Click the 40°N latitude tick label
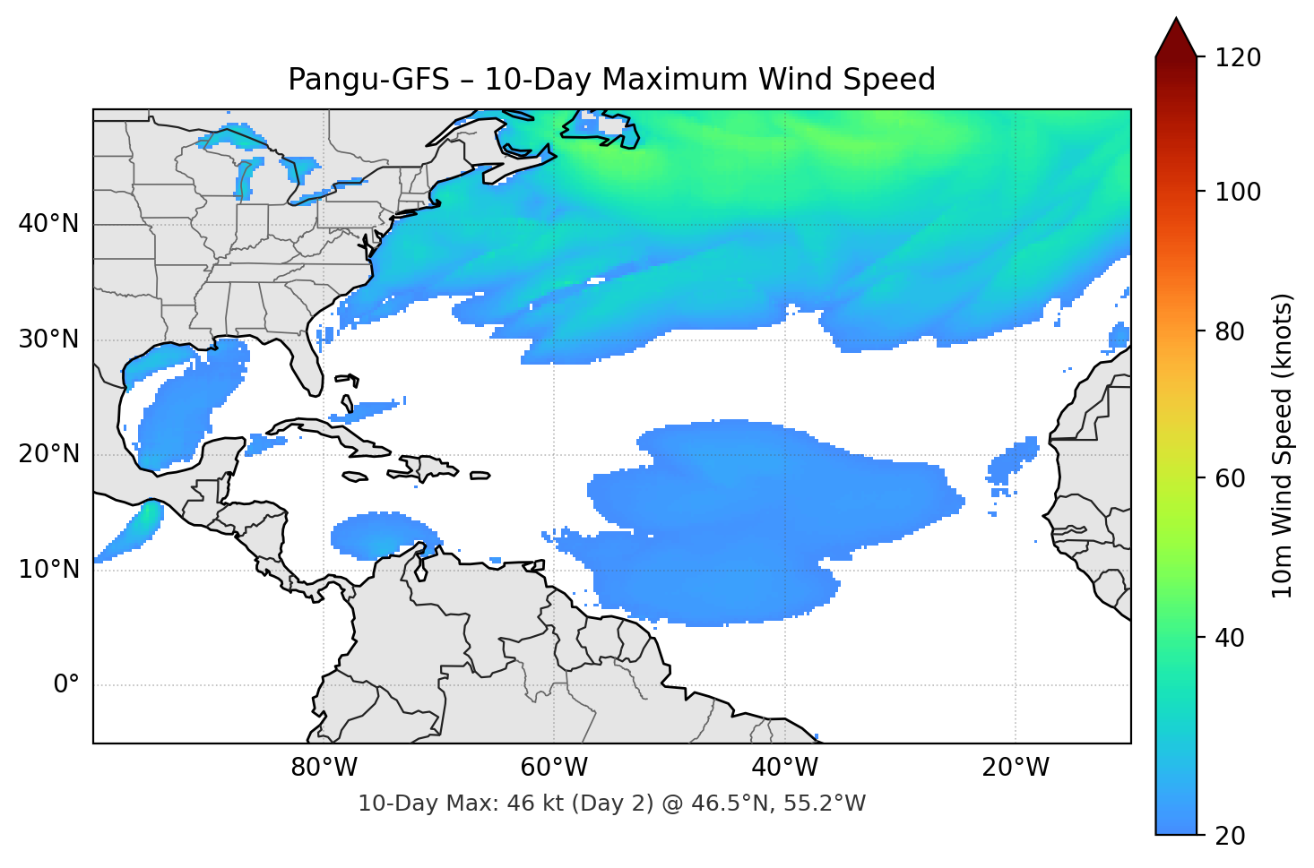click(48, 224)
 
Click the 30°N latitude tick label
click(48, 339)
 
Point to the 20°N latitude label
click(48, 454)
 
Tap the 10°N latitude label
click(48, 570)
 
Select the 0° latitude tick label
click(66, 685)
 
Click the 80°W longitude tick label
click(324, 768)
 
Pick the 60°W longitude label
click(554, 768)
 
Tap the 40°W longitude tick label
click(785, 768)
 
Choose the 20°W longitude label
click(1016, 768)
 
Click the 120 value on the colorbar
click(1238, 58)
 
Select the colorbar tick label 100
click(1238, 192)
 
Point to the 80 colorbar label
click(1230, 331)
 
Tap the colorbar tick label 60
click(1230, 478)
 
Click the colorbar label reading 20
click(1230, 836)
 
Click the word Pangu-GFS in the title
click(368, 80)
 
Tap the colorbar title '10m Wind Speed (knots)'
click(1283, 445)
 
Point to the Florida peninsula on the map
click(308, 367)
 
